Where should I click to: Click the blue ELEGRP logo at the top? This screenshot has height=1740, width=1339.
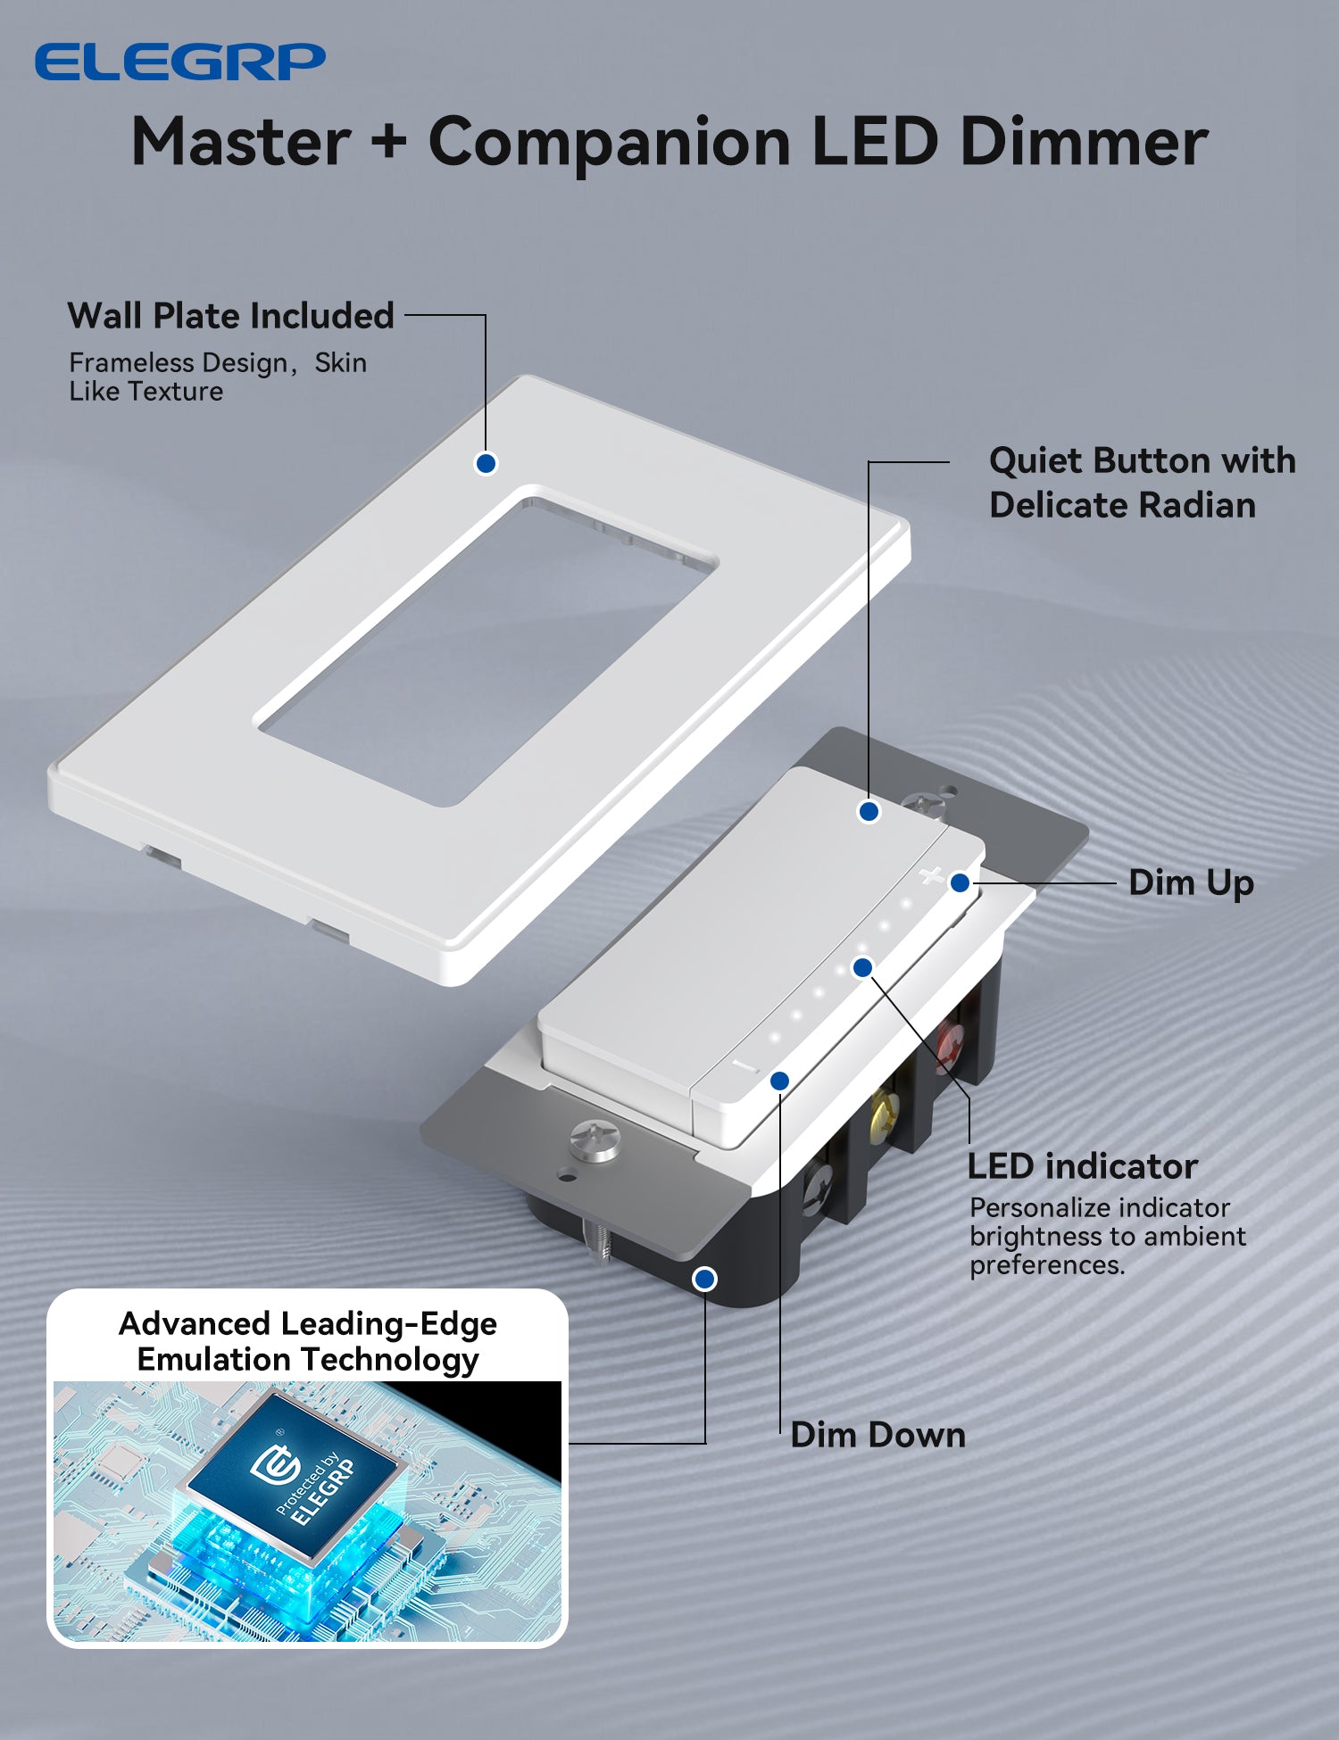[179, 62]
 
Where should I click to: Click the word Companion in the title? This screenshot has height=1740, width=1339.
[610, 143]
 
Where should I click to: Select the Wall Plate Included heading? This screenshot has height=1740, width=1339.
[230, 316]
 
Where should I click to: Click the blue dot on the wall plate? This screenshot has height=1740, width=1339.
[486, 463]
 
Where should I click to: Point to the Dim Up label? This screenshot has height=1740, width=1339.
[1191, 882]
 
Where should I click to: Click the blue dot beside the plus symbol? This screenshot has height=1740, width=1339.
[960, 882]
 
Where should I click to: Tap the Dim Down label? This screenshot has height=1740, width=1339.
[877, 1435]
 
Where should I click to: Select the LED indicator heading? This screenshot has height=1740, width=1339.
[1082, 1166]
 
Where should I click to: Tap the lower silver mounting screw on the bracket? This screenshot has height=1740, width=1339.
[595, 1140]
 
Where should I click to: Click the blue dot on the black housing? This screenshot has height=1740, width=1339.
[704, 1279]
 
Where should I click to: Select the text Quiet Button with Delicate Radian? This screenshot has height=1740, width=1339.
[1141, 483]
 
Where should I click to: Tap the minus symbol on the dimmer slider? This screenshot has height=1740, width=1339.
[745, 1066]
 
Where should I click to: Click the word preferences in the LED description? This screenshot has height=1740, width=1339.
[1046, 1265]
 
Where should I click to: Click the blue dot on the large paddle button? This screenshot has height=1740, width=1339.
[869, 811]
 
